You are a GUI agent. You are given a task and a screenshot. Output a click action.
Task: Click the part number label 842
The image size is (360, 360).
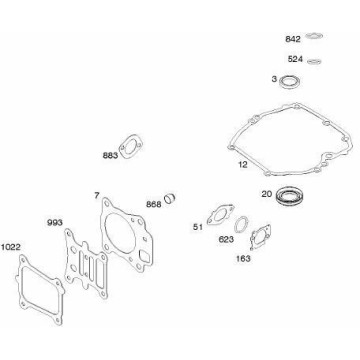(x=293, y=39)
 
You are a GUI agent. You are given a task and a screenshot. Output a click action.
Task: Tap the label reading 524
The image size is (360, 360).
(x=295, y=59)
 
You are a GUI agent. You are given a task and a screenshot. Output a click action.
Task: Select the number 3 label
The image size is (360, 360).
(x=274, y=79)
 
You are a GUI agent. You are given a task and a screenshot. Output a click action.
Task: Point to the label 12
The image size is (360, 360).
(x=243, y=165)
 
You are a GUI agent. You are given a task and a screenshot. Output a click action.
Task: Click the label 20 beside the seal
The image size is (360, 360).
(x=267, y=194)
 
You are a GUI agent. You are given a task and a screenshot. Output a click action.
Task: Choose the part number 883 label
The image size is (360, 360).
(x=110, y=156)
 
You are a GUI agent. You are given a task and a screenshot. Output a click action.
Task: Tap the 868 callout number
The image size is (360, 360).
(x=154, y=204)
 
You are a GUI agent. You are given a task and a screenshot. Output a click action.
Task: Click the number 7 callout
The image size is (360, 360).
(x=97, y=196)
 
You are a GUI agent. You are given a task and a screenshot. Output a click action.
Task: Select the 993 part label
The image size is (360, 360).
(x=54, y=223)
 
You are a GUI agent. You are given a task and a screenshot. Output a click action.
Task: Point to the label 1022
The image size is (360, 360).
(x=11, y=247)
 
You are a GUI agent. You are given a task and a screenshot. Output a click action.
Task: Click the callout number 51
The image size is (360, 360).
(x=198, y=227)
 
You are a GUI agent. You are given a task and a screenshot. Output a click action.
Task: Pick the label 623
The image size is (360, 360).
(x=226, y=239)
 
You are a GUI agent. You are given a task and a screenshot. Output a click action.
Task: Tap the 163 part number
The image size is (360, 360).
(x=243, y=258)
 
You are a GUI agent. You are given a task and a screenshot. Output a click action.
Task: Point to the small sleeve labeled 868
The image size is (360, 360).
(x=170, y=197)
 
